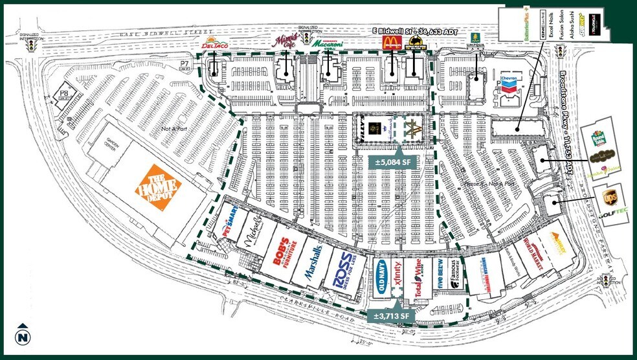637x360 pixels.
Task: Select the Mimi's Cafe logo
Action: (283, 41)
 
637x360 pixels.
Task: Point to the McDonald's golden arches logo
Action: (391, 43)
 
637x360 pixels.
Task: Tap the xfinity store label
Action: (396, 275)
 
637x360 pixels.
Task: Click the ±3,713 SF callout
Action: (390, 315)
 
